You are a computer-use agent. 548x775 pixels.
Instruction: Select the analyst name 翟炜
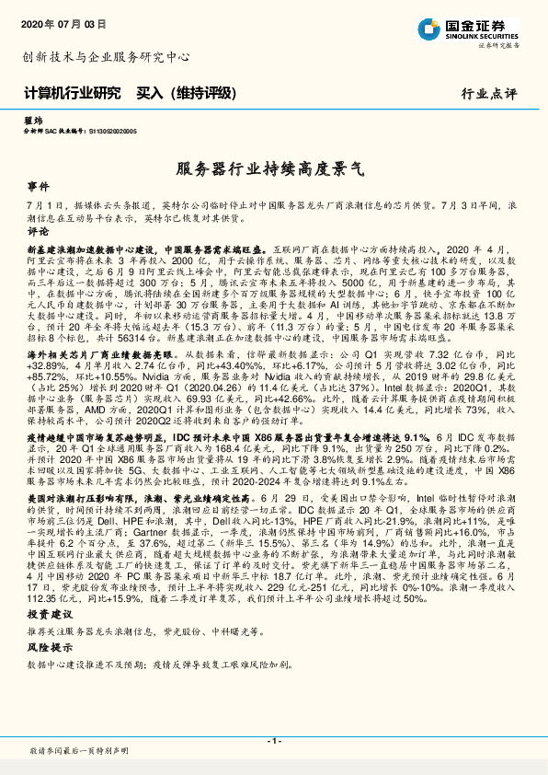(x=33, y=121)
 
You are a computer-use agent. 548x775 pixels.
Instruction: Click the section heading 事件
(x=38, y=185)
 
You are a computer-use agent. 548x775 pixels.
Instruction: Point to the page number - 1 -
(x=274, y=741)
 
